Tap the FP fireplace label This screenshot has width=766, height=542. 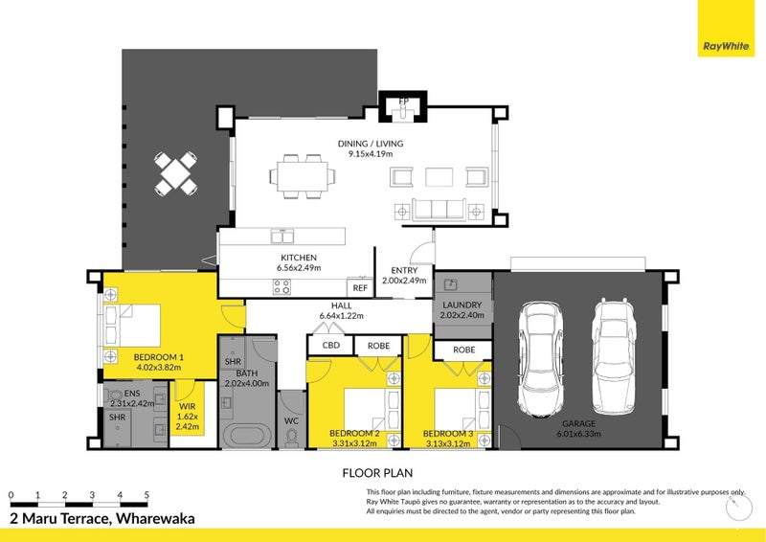pos(403,101)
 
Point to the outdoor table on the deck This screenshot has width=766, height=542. pos(176,172)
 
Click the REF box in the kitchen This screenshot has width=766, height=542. pos(360,287)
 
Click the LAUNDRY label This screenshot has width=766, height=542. pos(462,305)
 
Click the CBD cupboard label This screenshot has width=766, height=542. pos(330,345)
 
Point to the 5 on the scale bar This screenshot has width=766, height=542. pos(146,495)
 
